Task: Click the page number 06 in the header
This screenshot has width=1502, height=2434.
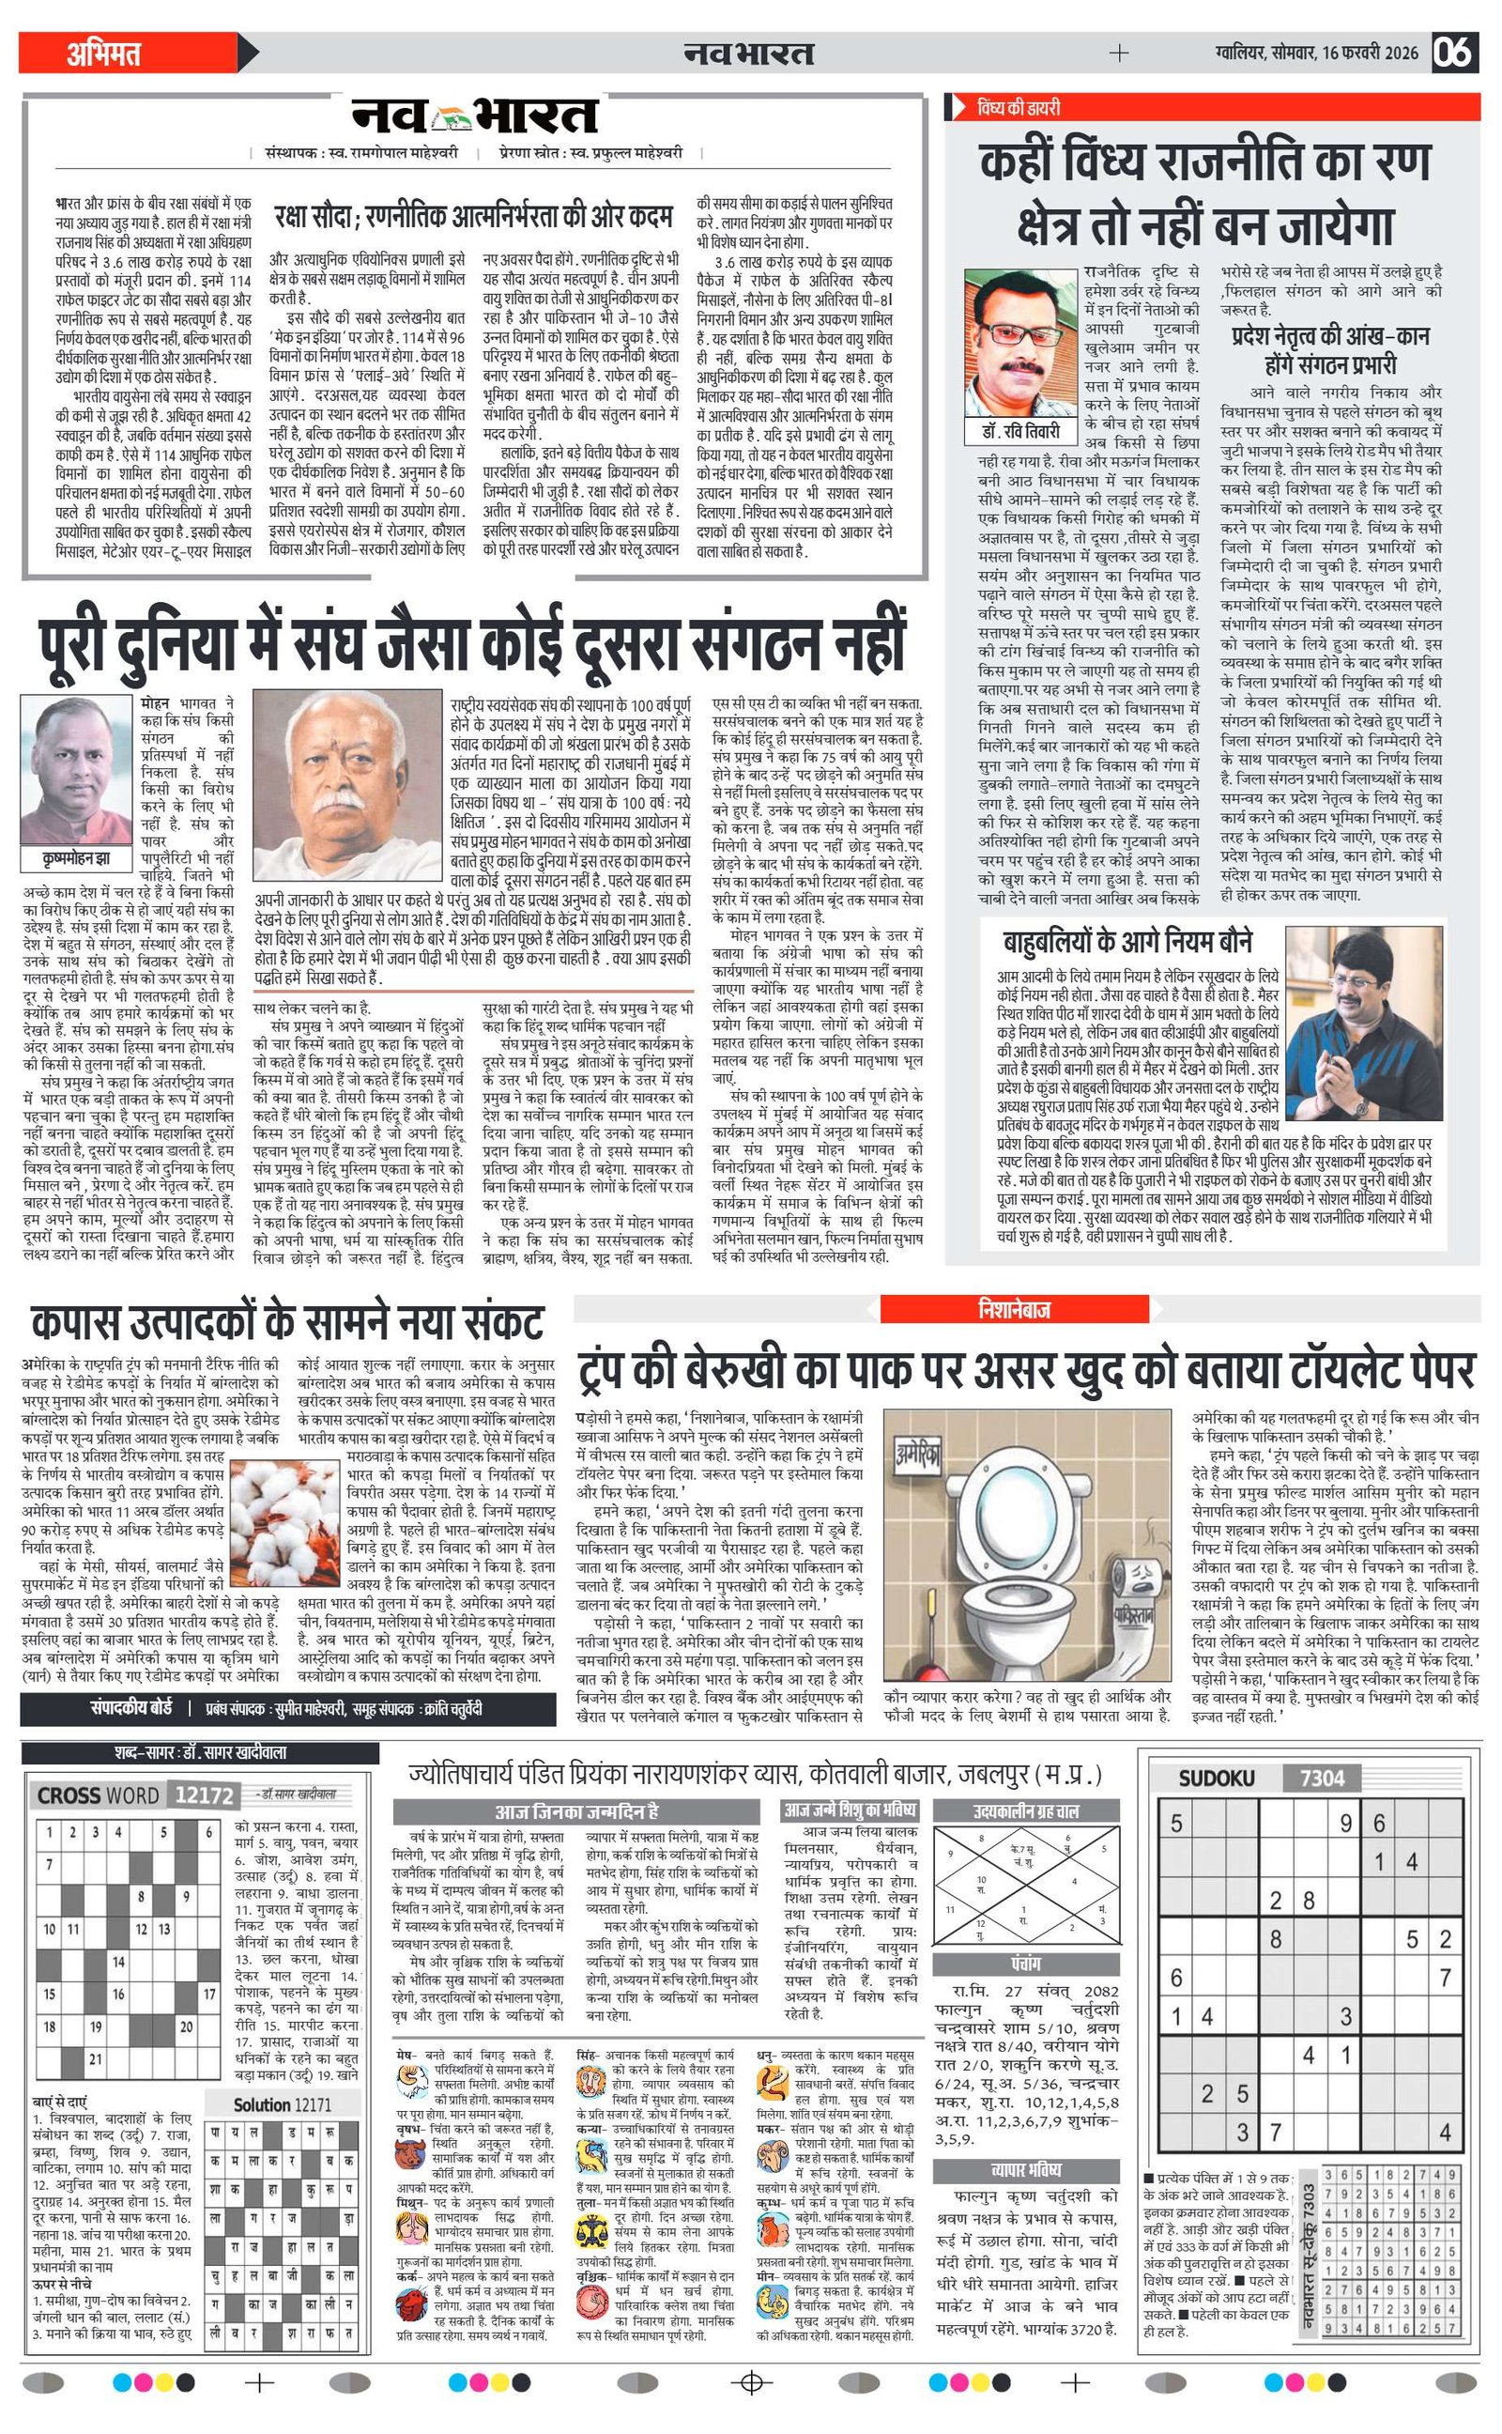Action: [1452, 52]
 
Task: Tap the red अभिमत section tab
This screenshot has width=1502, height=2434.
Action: [103, 53]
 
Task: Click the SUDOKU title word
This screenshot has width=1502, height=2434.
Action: [1216, 1778]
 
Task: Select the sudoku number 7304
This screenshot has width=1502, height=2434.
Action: [1321, 1778]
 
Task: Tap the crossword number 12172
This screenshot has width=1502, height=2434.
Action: [203, 1795]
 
